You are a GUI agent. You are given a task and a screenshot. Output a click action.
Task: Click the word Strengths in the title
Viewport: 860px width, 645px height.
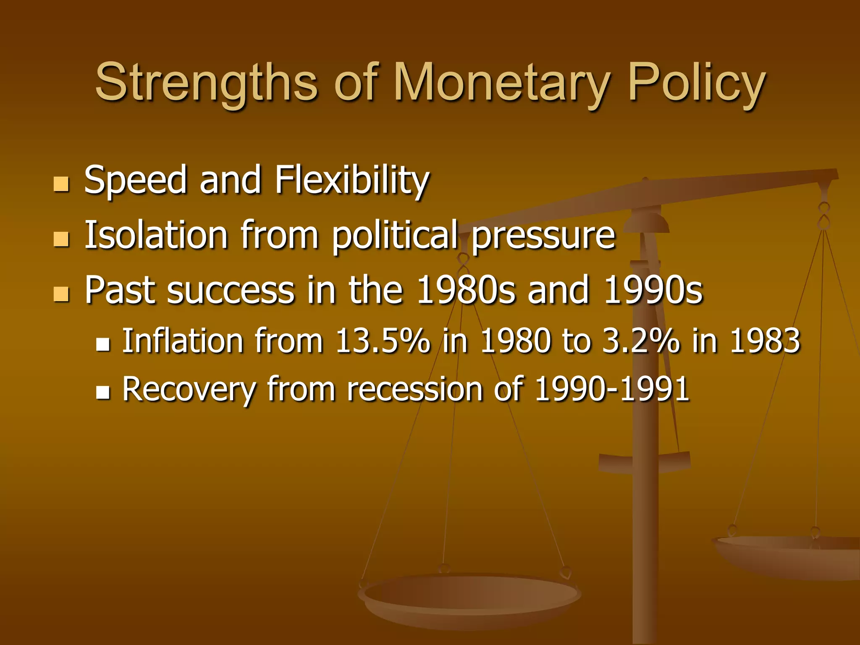206,83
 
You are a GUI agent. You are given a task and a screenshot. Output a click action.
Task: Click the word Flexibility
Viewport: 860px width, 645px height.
352,181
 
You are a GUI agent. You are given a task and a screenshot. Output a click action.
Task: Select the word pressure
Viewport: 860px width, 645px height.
543,236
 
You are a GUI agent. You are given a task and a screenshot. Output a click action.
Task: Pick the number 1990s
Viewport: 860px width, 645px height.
653,290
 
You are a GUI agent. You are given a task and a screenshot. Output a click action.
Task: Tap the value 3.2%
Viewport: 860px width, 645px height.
641,341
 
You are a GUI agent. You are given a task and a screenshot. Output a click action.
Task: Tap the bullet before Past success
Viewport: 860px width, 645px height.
61,294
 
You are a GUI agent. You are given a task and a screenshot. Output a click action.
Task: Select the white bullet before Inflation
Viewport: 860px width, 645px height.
103,344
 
